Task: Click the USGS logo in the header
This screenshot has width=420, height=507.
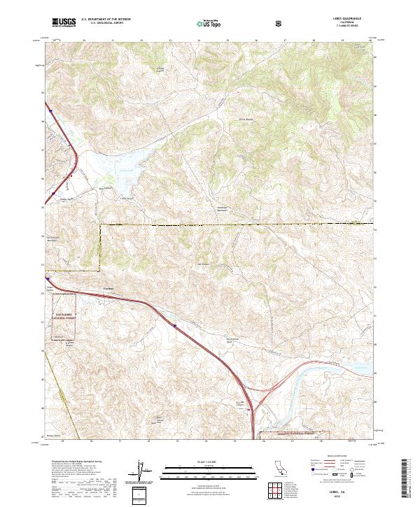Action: tap(64, 23)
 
